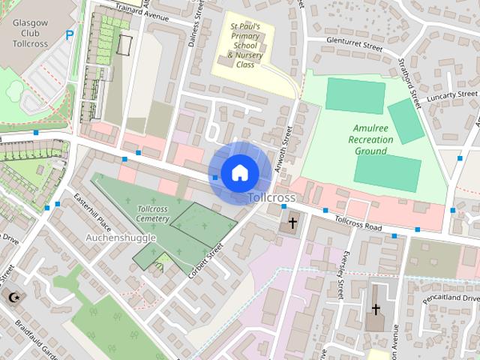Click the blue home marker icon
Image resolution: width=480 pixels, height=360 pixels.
(239, 173)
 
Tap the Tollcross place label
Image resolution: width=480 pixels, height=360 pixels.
(271, 197)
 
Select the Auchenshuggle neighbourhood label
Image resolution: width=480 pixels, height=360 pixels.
(121, 238)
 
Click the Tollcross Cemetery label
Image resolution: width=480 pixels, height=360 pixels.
(153, 214)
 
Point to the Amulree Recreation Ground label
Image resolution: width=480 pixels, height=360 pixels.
(370, 139)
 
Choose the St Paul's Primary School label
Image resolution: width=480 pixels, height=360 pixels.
(245, 45)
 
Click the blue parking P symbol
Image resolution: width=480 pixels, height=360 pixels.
(70, 34)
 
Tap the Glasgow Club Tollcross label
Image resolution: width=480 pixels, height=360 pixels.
(31, 34)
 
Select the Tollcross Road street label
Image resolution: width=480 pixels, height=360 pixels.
(359, 223)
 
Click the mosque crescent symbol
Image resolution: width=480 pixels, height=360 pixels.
(13, 297)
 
